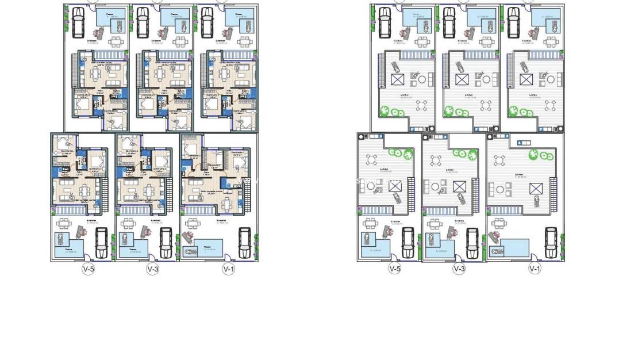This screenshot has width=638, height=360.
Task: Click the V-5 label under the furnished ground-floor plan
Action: coord(87,269)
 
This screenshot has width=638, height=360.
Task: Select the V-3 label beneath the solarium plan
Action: coord(459,269)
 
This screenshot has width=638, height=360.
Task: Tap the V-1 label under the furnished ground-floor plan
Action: coord(229,269)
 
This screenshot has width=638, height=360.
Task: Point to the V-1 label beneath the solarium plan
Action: coord(535,269)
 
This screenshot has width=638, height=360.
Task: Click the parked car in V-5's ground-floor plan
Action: coord(101,243)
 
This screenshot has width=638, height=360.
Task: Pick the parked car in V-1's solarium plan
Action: coord(551,243)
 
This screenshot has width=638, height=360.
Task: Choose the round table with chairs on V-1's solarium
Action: coord(500,189)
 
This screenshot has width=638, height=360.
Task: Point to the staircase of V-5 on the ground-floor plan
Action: coord(104,189)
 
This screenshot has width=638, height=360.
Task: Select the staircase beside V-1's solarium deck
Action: coord(554,190)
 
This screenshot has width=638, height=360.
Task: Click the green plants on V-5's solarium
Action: coord(401,154)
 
